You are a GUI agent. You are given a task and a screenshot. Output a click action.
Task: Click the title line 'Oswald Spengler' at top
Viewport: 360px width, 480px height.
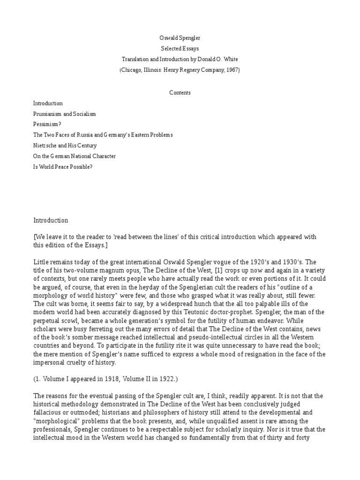pos(180,37)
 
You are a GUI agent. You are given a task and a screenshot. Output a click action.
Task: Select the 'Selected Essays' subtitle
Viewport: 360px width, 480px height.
pos(180,48)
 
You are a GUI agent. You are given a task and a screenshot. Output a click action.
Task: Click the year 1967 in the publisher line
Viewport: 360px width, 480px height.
pos(230,70)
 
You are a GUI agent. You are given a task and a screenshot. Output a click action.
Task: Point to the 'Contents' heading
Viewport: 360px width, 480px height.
pos(180,93)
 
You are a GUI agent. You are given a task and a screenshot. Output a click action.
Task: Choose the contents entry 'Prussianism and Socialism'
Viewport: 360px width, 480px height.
pos(64,114)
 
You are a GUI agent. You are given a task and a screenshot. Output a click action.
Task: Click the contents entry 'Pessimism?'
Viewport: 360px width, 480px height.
pos(47,124)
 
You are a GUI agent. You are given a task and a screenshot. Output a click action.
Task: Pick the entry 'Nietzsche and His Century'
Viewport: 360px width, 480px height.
pos(64,146)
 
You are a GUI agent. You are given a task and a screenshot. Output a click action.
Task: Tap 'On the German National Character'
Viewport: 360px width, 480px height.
pos(74,156)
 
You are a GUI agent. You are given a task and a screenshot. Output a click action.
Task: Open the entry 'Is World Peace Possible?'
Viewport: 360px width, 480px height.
pos(63,167)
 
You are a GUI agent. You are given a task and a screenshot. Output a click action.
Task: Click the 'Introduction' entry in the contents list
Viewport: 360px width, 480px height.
pos(48,103)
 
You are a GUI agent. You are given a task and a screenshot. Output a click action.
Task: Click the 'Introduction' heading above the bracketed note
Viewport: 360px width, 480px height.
pos(51,220)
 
